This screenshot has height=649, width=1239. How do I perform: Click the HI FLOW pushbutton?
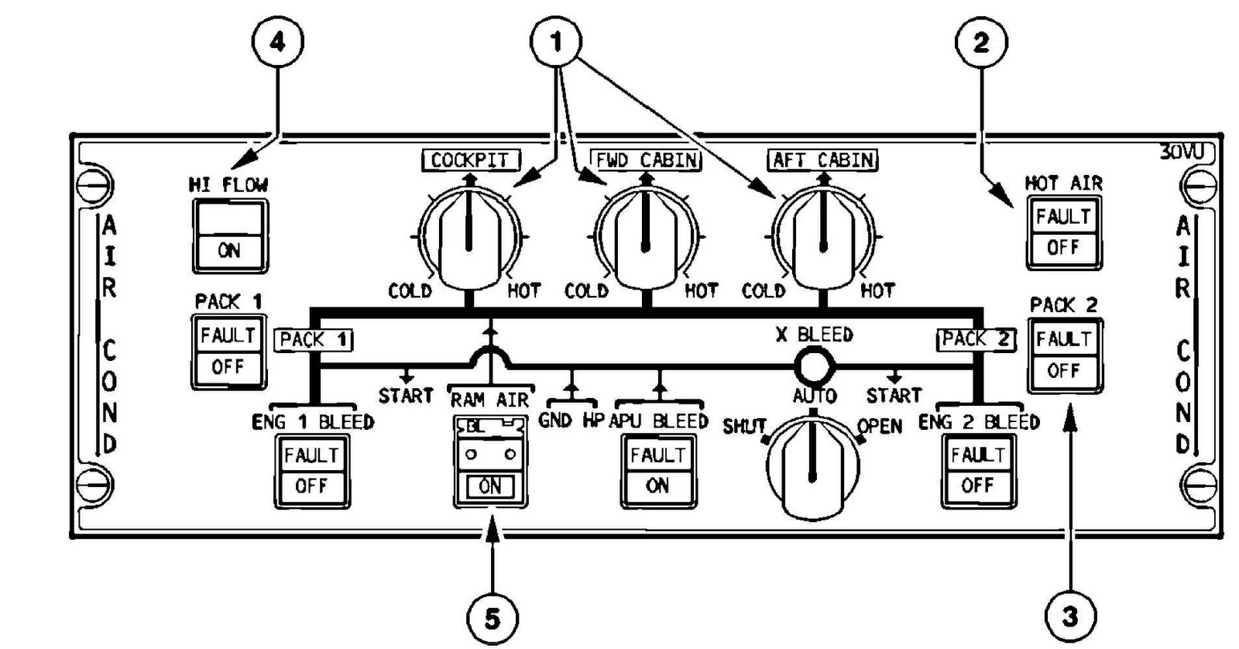(230, 236)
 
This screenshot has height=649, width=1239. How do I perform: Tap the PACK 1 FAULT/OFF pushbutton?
(228, 351)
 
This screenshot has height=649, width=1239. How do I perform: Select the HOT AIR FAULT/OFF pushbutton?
(1063, 232)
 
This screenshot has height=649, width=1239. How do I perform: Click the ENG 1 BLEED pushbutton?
(312, 470)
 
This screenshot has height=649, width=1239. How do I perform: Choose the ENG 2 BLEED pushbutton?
(978, 470)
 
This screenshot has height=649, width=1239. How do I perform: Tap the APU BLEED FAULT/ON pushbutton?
(657, 470)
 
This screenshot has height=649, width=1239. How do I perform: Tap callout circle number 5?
(493, 619)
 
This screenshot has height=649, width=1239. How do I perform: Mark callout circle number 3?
(1070, 617)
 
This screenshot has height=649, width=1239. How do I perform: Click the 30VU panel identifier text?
(1182, 152)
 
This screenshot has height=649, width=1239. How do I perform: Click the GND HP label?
(571, 421)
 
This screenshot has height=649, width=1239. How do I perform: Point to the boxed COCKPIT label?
(470, 160)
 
